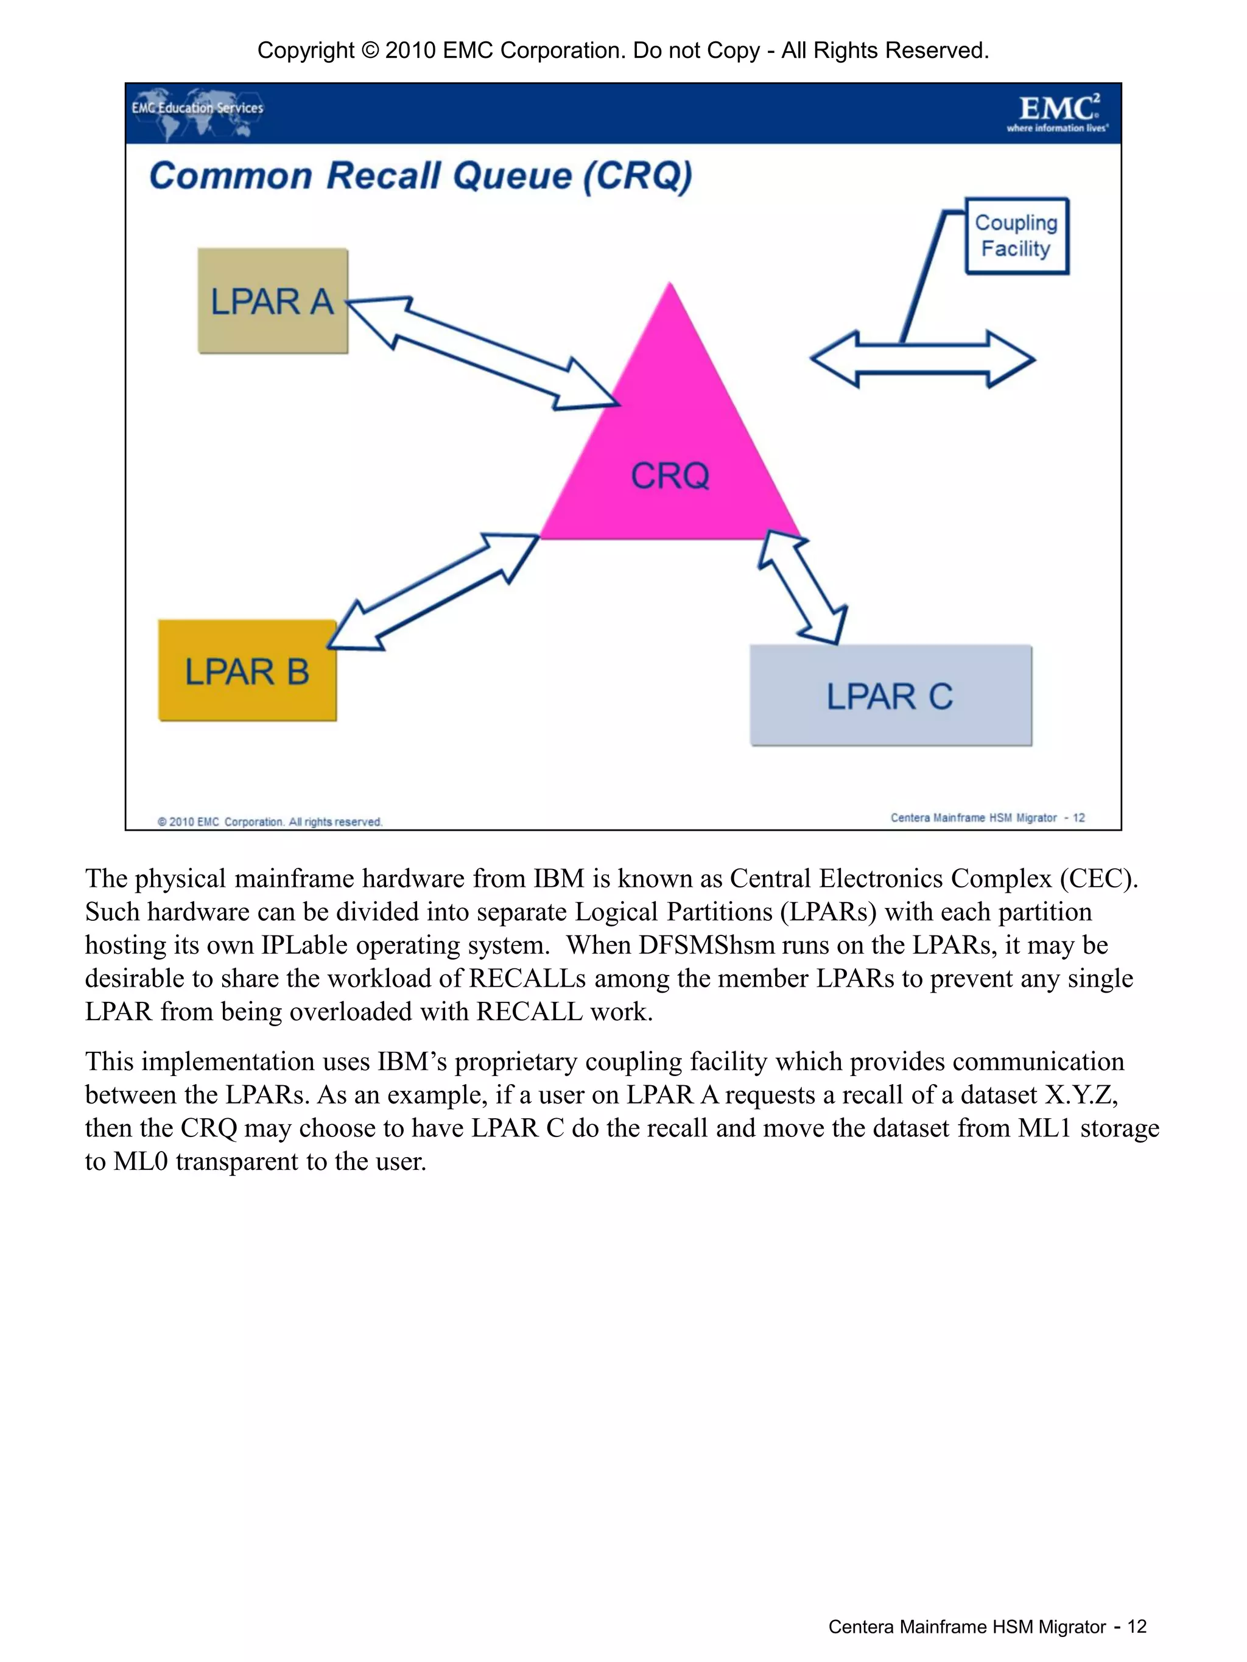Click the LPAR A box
click(273, 300)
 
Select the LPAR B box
click(247, 670)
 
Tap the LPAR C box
click(890, 695)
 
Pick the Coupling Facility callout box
click(1016, 236)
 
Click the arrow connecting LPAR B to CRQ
click(434, 591)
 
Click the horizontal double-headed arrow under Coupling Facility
click(922, 359)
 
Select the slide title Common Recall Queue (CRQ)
click(421, 176)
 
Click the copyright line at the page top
click(623, 51)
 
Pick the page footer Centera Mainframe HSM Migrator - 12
click(987, 1627)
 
